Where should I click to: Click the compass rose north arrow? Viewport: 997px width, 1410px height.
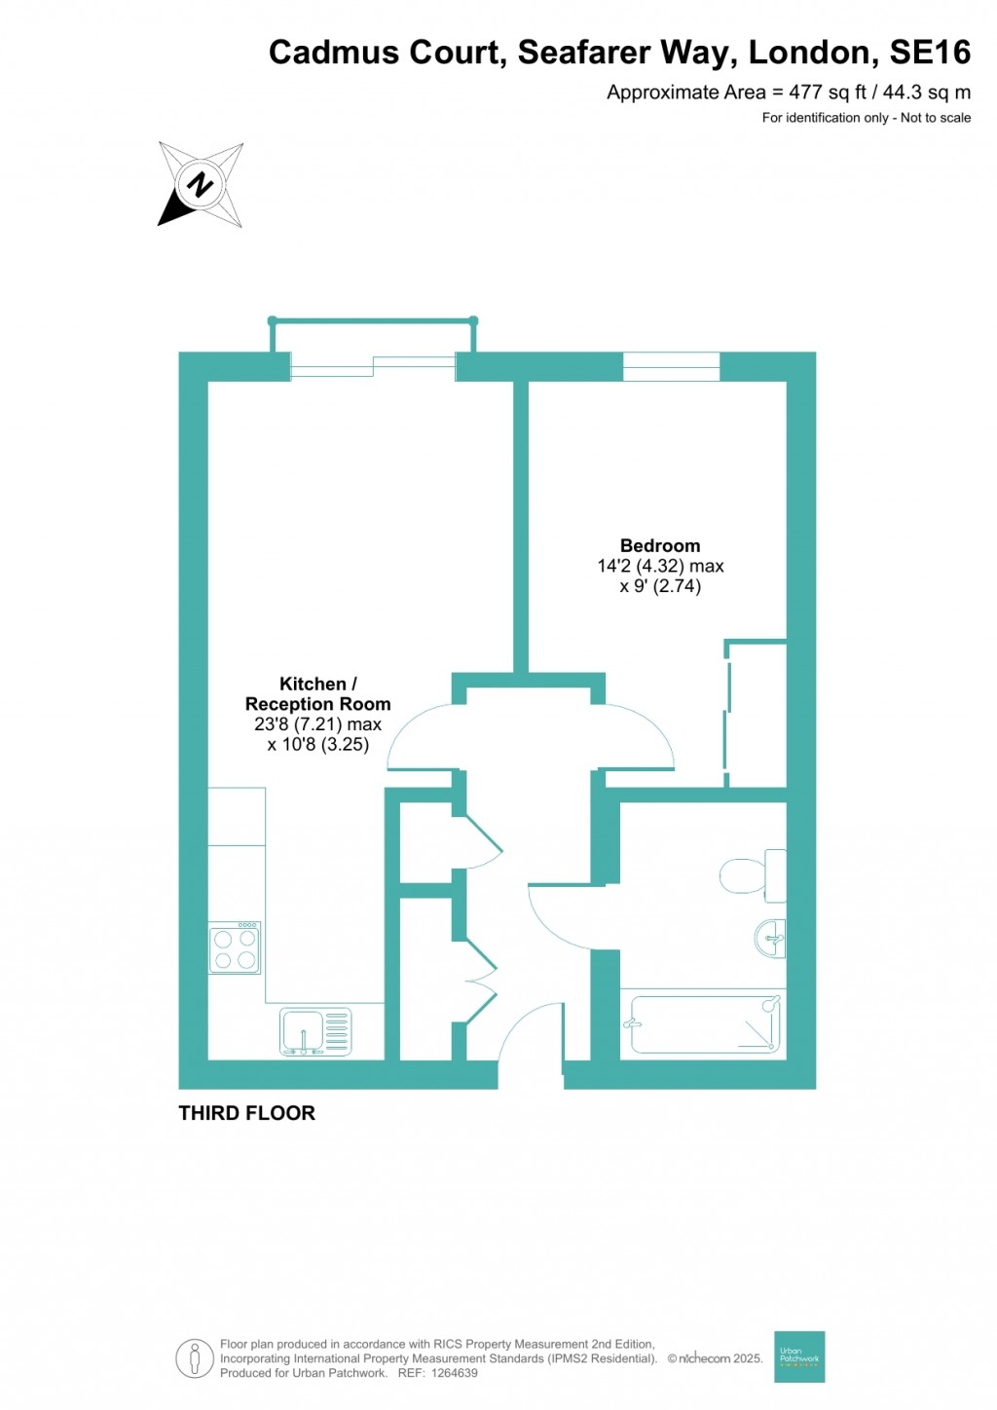pos(200,185)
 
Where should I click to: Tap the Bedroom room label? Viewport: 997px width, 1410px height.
pos(660,546)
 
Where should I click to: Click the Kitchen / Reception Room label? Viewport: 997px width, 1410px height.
pos(317,694)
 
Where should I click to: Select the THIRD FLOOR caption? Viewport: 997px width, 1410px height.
pos(247,1113)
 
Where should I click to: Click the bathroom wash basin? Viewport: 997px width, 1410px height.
pos(771,939)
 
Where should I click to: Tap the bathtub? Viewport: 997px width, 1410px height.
pos(706,1023)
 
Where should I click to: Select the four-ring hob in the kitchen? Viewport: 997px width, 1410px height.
pos(235,948)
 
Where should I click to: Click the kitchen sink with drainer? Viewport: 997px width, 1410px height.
pos(315,1032)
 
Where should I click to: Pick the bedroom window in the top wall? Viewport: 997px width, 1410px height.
pos(671,366)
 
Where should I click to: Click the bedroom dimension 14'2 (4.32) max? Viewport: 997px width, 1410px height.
pos(660,566)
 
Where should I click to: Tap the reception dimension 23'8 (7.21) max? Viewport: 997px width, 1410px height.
pos(317,724)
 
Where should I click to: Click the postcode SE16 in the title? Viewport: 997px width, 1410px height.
pos(930,53)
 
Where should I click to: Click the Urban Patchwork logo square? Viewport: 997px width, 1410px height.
pos(799,1356)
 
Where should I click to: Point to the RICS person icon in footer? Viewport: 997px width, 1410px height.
pos(195,1358)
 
